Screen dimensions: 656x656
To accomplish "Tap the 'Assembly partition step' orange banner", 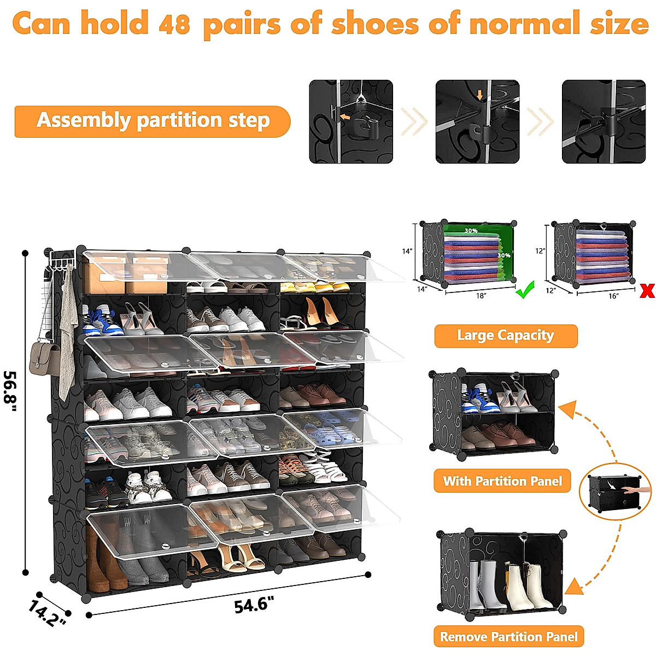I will pyautogui.click(x=153, y=121).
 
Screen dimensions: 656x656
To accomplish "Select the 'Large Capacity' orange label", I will pyautogui.click(x=506, y=336).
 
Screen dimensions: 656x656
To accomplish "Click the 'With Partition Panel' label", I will pyautogui.click(x=502, y=481).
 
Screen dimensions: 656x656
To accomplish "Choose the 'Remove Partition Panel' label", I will pyautogui.click(x=508, y=637).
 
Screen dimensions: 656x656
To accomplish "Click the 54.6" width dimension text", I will pyautogui.click(x=254, y=605).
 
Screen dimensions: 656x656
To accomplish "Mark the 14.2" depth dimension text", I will pyautogui.click(x=48, y=613).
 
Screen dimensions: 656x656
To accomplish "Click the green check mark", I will pyautogui.click(x=525, y=292).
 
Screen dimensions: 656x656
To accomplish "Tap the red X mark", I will pyautogui.click(x=647, y=291).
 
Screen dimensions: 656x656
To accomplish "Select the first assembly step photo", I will pyautogui.click(x=351, y=121).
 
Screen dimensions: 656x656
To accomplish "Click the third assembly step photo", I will pyautogui.click(x=604, y=121).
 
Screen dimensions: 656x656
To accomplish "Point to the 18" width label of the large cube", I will pyautogui.click(x=481, y=296).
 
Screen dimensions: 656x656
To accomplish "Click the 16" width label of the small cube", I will pyautogui.click(x=613, y=296).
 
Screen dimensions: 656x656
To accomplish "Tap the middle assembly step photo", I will pyautogui.click(x=477, y=121).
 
